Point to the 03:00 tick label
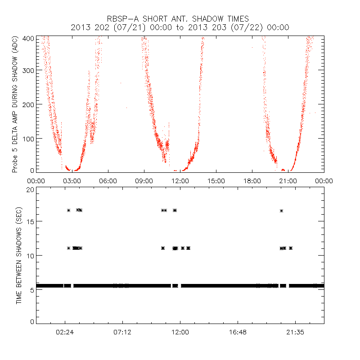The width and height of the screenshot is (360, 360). coord(72,181)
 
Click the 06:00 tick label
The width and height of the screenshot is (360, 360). coord(108,181)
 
